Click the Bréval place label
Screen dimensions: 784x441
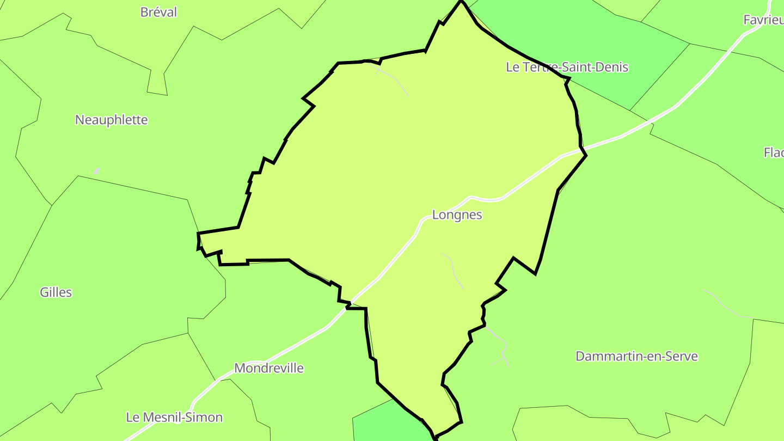click(158, 12)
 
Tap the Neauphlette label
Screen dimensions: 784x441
click(111, 120)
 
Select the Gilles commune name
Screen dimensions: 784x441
click(56, 292)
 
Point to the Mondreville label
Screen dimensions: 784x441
click(269, 368)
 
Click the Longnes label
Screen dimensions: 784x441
click(457, 215)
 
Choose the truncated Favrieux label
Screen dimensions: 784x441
click(763, 20)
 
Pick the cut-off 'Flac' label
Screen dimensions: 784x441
click(773, 152)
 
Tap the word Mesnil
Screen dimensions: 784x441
click(161, 418)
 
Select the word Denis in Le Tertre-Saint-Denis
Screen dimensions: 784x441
click(612, 68)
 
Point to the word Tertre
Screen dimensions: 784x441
click(540, 68)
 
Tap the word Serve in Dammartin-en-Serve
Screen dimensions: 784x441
click(681, 357)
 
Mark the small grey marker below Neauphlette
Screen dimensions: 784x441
click(96, 171)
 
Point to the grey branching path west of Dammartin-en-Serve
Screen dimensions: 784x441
click(502, 348)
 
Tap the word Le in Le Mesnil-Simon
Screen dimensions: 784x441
click(132, 418)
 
